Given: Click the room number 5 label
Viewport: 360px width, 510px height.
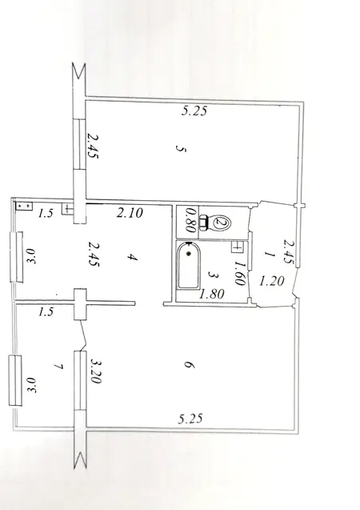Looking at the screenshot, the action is point(181,149).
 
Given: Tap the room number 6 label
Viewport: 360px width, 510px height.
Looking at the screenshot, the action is point(190,365).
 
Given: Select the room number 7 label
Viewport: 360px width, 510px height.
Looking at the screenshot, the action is point(59,367).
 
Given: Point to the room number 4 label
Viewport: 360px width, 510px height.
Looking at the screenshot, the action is point(133,258).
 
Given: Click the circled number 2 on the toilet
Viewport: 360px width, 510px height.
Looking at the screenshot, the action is point(222,223).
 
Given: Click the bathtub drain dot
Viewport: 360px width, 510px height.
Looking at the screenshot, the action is point(188,253).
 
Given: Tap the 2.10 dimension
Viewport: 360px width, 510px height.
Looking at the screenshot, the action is point(130,213).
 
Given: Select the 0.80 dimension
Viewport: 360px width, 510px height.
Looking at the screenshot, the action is point(190,220).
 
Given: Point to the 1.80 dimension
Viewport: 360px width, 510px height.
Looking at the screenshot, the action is point(212,294).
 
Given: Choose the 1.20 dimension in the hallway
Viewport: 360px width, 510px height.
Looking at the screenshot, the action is point(272,280).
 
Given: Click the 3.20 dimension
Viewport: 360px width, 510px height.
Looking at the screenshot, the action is point(95,371).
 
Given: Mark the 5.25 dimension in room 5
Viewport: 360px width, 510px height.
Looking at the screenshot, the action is point(194,111).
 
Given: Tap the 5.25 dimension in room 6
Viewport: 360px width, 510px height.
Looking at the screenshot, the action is point(190,418).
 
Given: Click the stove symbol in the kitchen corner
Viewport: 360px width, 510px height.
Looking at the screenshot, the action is point(24,207).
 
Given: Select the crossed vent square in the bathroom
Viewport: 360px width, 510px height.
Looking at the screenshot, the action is point(237,247).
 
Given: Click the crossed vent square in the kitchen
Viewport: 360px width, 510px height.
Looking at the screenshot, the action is point(67,209).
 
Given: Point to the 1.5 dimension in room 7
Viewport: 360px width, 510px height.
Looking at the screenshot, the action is point(46,312).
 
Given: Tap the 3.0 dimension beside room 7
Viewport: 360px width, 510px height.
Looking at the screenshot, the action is point(31,385).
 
